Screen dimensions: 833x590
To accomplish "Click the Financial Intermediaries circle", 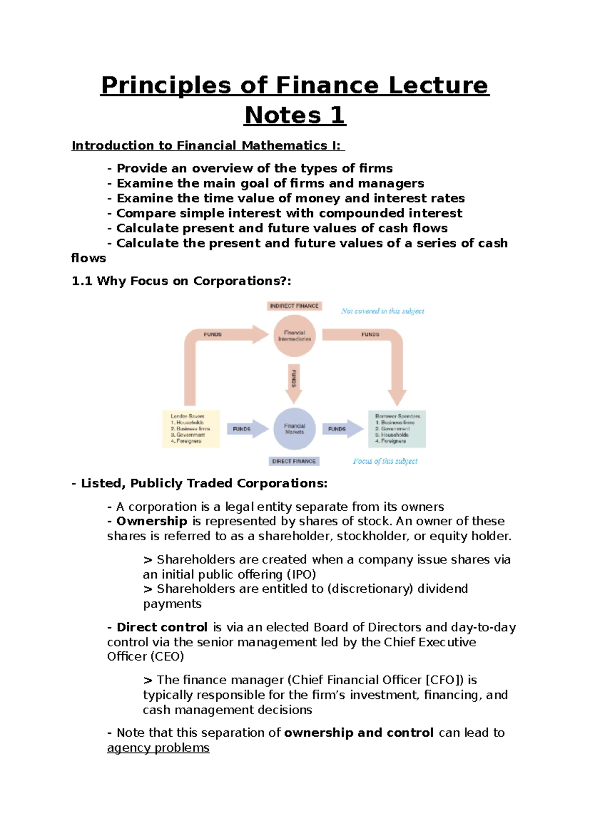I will [x=295, y=336].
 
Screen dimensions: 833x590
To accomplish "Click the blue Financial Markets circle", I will [x=295, y=429].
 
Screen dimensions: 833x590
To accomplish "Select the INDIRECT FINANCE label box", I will [x=295, y=306].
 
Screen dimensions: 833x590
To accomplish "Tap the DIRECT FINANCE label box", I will [x=294, y=461].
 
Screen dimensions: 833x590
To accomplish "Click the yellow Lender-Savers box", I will [x=191, y=429].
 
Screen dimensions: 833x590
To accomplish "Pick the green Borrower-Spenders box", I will [x=397, y=429].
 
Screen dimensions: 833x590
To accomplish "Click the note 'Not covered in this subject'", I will [x=383, y=311].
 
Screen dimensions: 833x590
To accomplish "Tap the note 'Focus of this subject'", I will [x=385, y=461].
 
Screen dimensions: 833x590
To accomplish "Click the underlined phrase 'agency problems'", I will [x=158, y=748].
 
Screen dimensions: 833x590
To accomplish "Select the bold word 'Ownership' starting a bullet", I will [x=152, y=521].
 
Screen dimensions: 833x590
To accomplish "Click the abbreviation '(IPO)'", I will [x=301, y=574].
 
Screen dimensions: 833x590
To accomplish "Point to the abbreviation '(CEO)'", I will [x=167, y=657].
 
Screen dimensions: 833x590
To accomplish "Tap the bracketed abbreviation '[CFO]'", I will [x=444, y=680].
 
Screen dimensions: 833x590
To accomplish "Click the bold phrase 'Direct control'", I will [x=162, y=627].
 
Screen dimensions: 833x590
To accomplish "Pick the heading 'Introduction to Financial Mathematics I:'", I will [x=208, y=145].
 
